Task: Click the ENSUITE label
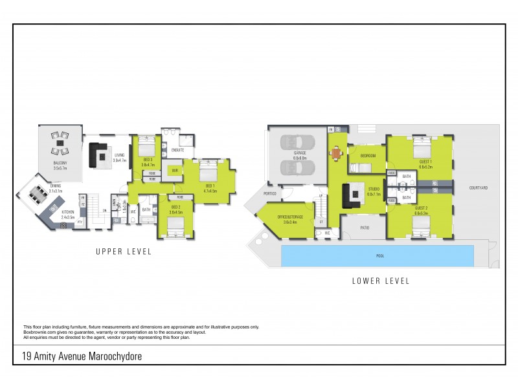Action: tap(178, 149)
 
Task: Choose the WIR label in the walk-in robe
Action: tap(174, 171)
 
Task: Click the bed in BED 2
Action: tap(176, 224)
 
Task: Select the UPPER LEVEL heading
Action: tap(123, 252)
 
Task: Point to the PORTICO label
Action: tap(270, 193)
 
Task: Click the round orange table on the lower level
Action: tap(336, 154)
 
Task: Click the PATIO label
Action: tap(365, 227)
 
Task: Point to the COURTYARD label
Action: tap(479, 188)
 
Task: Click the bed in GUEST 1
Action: tap(423, 145)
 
